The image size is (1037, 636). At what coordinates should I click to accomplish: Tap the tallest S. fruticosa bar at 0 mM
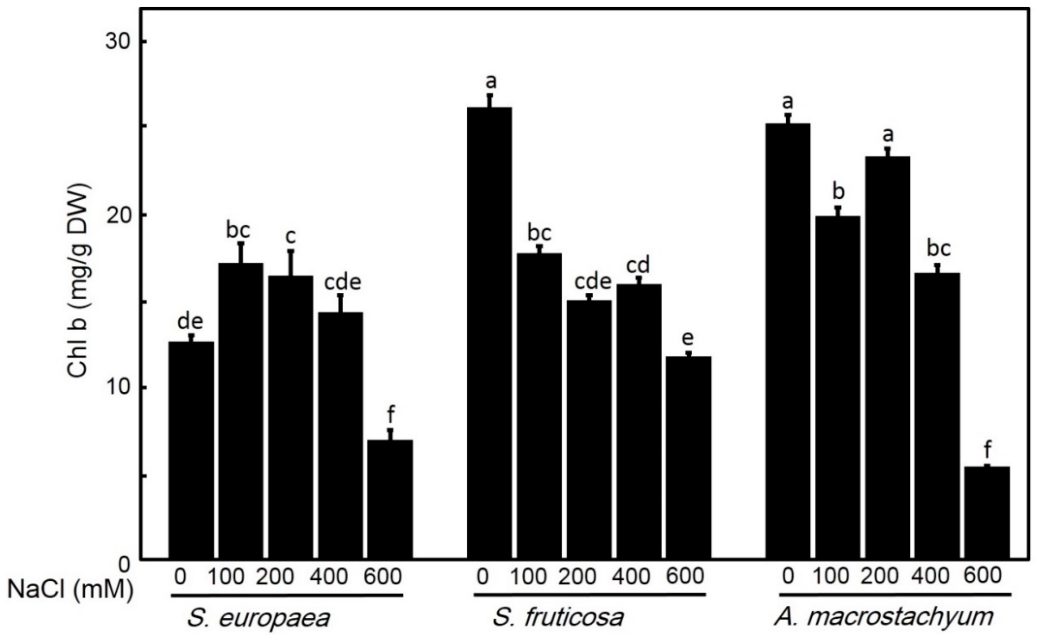490,333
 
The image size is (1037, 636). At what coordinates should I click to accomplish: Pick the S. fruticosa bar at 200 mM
589,429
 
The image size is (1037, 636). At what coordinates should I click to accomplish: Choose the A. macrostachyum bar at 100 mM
838,387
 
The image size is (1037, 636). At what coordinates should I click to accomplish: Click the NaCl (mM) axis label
70,589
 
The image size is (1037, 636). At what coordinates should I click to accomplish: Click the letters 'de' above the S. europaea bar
191,322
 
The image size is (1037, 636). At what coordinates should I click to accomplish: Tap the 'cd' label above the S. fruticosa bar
638,265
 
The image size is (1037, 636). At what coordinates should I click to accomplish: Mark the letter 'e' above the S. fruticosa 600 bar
688,338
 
